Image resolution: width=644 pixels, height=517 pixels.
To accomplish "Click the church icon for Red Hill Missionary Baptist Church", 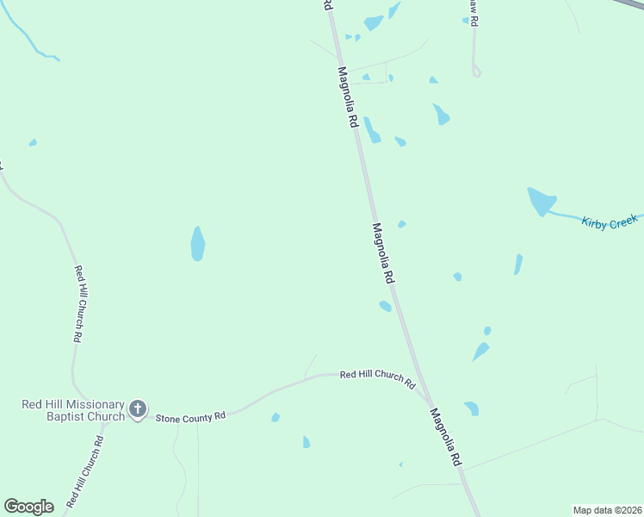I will click(x=138, y=408).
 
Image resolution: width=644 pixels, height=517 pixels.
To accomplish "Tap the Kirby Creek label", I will click(x=610, y=222).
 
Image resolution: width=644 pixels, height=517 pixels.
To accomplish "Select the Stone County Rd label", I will click(x=190, y=417).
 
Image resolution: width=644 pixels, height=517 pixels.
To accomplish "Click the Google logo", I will click(x=29, y=507).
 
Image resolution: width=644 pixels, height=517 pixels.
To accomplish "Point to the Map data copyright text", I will click(x=608, y=510).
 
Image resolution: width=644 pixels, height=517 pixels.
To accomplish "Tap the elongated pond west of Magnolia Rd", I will click(x=198, y=244).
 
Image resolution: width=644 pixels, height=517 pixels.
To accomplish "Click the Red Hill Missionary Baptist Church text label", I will click(x=73, y=410).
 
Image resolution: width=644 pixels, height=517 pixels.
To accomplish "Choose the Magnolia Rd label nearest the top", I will click(x=348, y=97).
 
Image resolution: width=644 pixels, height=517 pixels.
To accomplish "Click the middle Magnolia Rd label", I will click(x=383, y=253).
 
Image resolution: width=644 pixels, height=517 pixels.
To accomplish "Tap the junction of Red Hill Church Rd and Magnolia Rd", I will click(x=428, y=400).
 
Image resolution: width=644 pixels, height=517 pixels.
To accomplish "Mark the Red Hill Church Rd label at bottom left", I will click(x=85, y=470).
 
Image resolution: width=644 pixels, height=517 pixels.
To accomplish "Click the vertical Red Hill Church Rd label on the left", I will click(x=78, y=305).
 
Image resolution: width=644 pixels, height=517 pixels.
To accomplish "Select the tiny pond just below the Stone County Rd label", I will click(x=276, y=418).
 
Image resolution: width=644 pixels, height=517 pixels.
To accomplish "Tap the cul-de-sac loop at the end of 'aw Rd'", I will click(x=476, y=72).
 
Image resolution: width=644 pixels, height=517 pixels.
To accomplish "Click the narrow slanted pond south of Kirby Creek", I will click(x=518, y=265).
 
